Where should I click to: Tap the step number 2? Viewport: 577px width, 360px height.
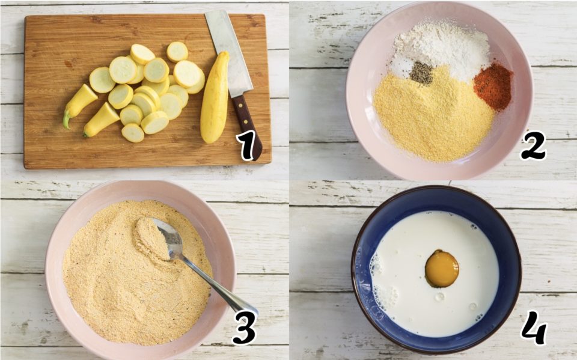click(533, 145)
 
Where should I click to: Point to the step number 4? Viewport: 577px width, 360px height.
click(534, 329)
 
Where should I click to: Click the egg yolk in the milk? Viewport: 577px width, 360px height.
click(442, 268)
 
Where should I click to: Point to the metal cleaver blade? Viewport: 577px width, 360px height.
click(228, 52)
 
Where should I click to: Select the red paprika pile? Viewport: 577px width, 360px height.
click(493, 86)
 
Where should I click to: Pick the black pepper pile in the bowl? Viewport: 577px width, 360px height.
click(421, 73)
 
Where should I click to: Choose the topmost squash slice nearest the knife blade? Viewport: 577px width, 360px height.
click(177, 52)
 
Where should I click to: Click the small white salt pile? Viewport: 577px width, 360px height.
click(400, 68)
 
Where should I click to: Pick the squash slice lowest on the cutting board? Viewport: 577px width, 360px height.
click(133, 133)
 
